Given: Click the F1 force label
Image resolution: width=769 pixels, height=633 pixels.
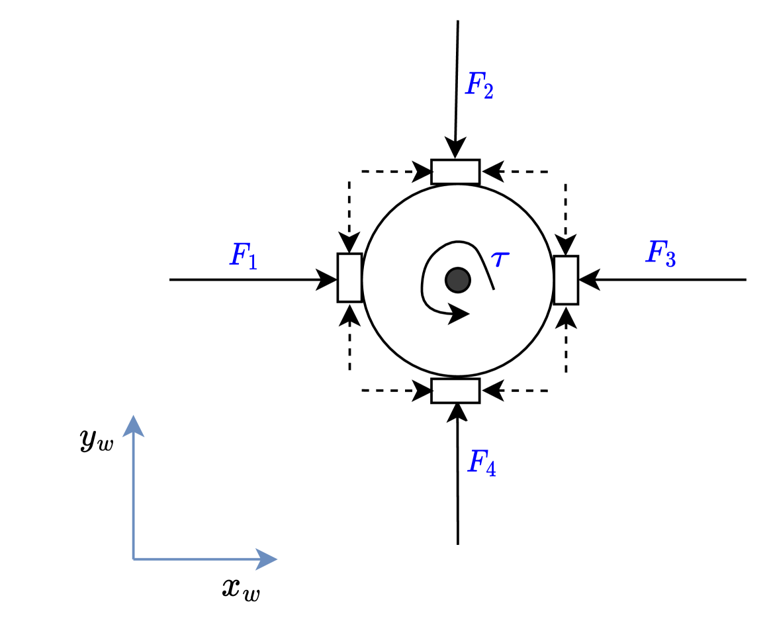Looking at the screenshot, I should click(243, 256).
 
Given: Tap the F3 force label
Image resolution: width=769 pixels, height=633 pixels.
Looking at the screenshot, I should click(660, 254).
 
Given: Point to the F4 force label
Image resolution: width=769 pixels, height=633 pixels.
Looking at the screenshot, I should click(481, 462).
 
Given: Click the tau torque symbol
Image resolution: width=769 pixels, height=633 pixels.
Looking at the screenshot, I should click(501, 259).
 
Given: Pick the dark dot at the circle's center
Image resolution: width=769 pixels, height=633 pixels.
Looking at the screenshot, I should click(457, 280).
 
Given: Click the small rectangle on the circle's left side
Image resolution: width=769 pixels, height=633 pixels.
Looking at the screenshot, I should click(349, 277).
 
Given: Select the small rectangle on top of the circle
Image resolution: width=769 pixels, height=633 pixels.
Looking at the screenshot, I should click(455, 171).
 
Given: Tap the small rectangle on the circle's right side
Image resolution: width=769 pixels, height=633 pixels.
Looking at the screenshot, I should click(566, 280).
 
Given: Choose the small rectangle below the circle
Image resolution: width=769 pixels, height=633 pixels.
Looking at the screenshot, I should click(455, 391).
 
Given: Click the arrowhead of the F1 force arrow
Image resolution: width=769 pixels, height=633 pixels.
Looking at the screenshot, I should click(329, 279).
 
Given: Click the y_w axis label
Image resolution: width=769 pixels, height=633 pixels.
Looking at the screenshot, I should click(97, 441).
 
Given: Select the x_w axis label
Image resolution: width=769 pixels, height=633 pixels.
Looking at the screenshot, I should click(241, 589).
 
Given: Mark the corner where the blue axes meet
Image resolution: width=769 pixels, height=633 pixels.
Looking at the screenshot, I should click(134, 560).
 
